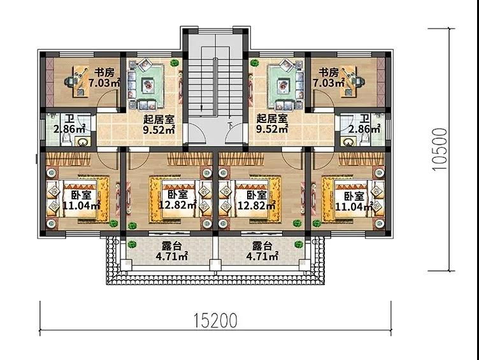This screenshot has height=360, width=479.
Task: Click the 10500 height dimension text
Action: [440, 150]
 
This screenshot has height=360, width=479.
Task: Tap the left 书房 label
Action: [104, 73]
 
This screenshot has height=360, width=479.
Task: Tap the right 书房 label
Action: [329, 73]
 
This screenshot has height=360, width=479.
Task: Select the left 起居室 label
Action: [159, 119]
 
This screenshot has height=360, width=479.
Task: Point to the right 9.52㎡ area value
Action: [272, 129]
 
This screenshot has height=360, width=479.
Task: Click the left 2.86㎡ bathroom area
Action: [69, 129]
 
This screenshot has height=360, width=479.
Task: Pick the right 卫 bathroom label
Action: [364, 119]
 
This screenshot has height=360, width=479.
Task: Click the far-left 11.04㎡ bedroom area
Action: [82, 205]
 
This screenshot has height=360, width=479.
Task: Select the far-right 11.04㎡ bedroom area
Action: [354, 206]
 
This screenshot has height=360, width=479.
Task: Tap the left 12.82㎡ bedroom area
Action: [178, 205]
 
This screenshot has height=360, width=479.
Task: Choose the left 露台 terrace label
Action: [171, 246]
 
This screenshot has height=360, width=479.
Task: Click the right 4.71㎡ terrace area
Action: [262, 256]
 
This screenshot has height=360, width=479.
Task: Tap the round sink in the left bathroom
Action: [82, 142]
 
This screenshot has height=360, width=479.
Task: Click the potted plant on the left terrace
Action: [132, 244]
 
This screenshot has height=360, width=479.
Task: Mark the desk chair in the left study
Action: [69, 82]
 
